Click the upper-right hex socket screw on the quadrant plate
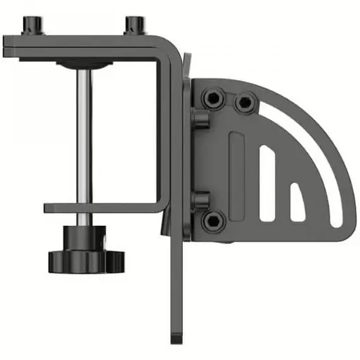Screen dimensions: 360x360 (244, 103)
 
